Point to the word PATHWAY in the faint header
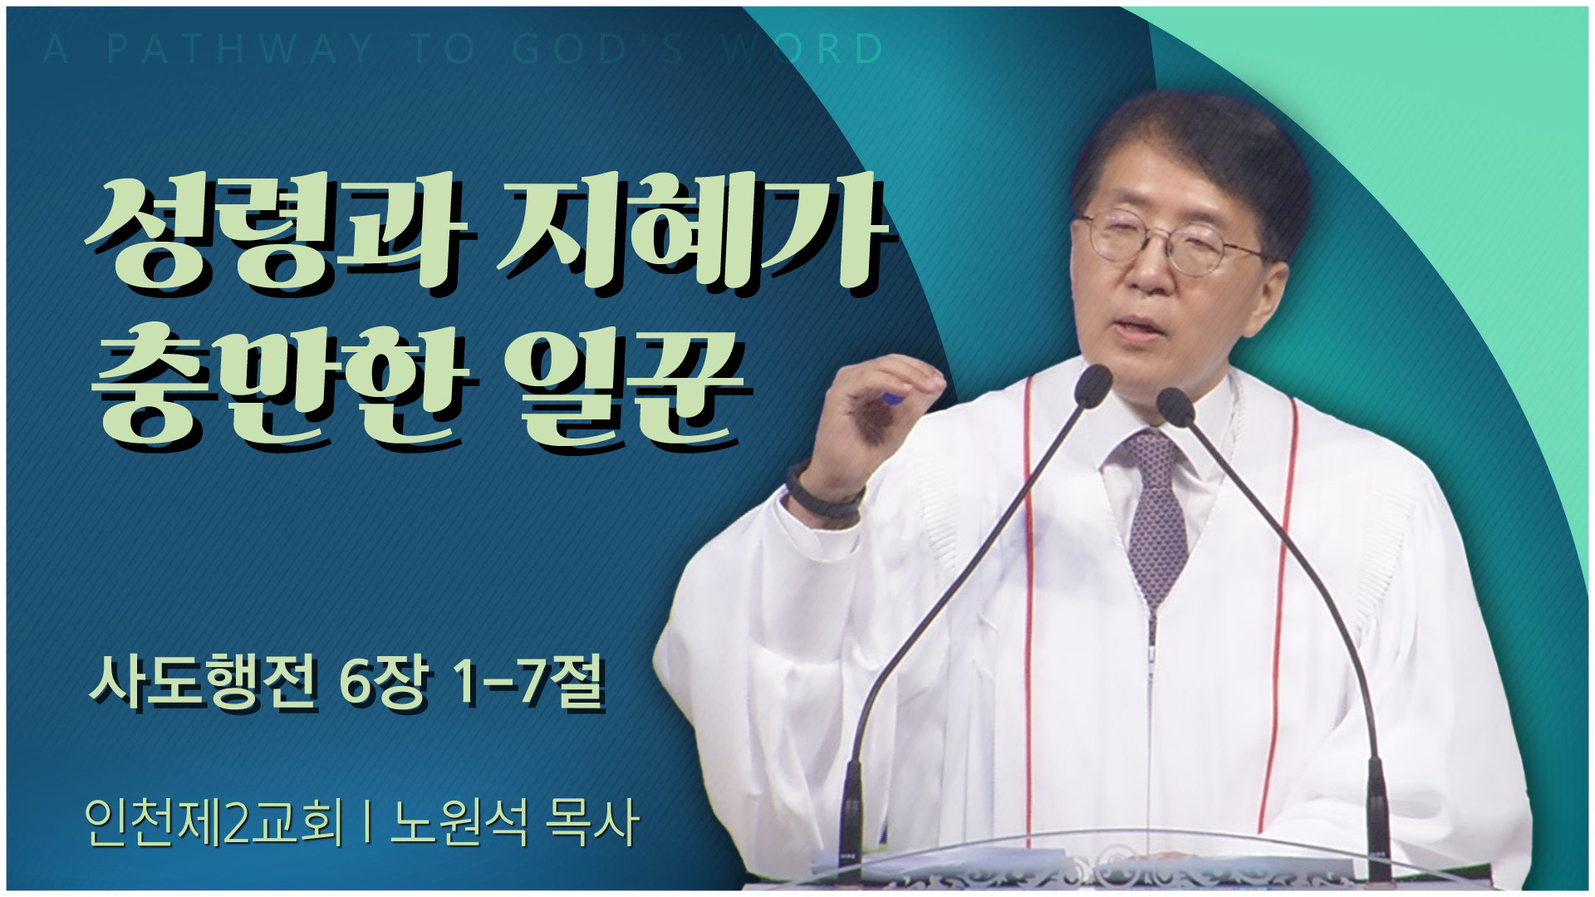240,49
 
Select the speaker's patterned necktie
1155,515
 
